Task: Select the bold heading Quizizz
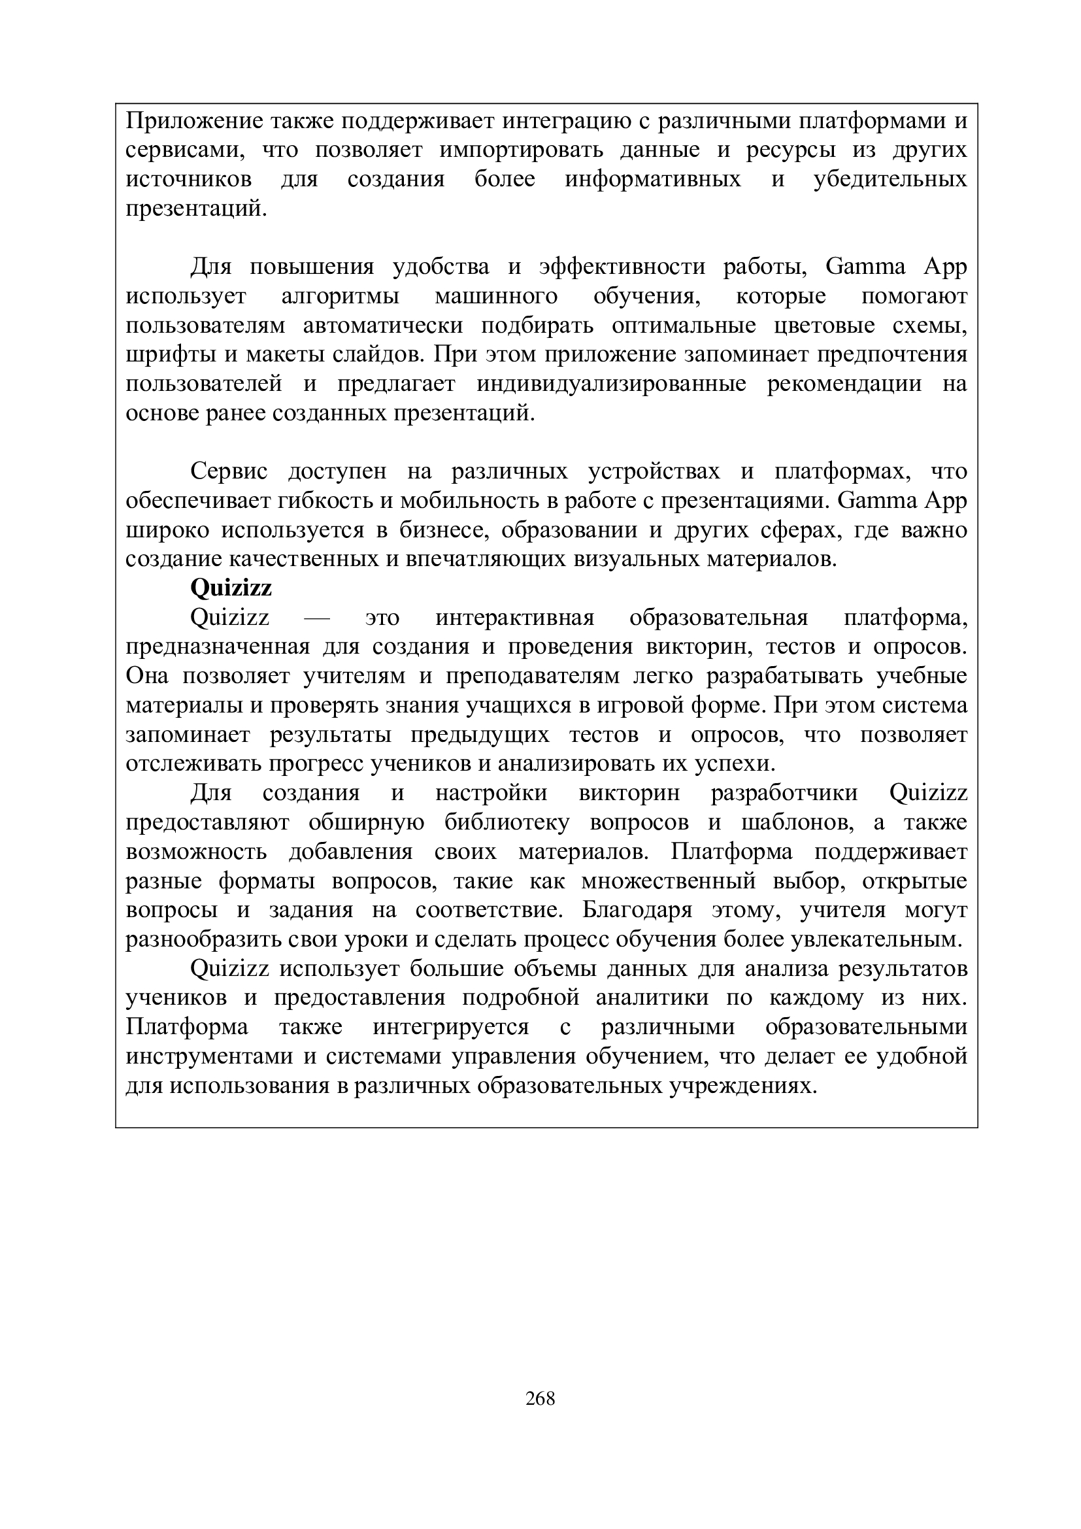click(x=231, y=589)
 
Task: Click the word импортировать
click(x=521, y=150)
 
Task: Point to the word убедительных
click(x=890, y=180)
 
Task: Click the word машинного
click(x=496, y=296)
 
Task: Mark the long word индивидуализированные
click(x=611, y=384)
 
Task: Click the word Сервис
click(x=229, y=471)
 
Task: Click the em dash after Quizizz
click(x=317, y=618)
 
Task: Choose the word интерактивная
click(x=514, y=618)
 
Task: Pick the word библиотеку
click(x=507, y=823)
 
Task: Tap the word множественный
click(x=669, y=882)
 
